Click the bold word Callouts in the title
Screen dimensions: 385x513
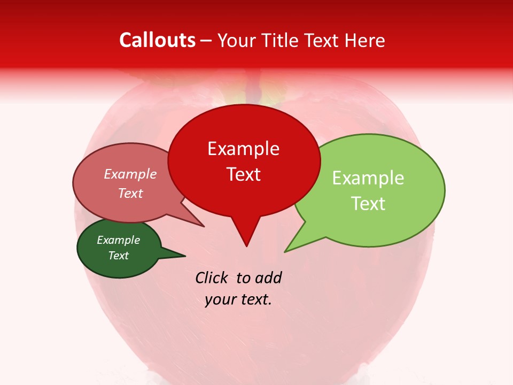tap(157, 40)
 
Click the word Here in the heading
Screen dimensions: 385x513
tap(365, 40)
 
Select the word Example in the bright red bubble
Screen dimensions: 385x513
tap(243, 149)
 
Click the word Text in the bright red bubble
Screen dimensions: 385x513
tap(244, 174)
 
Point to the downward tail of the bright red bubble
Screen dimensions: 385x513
tap(246, 235)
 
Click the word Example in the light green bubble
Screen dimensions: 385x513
tap(368, 178)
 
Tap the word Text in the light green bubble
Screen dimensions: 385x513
tap(369, 204)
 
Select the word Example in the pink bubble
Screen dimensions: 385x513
tap(130, 174)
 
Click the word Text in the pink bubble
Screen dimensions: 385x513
tap(130, 193)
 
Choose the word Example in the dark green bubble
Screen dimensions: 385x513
tap(118, 240)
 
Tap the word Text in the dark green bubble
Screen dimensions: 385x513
tap(119, 256)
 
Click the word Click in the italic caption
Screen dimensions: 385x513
tap(212, 278)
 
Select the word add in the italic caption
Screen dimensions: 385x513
tap(268, 278)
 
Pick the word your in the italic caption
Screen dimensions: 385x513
tap(219, 299)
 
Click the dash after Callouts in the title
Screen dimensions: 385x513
tap(206, 41)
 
